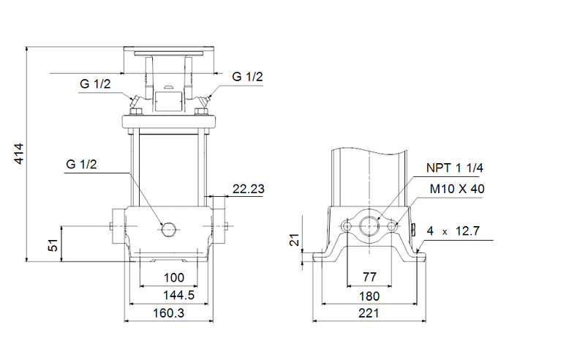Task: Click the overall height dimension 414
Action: click(x=20, y=153)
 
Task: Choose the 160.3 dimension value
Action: click(x=169, y=313)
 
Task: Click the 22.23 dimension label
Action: click(x=248, y=189)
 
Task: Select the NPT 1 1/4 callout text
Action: click(x=455, y=168)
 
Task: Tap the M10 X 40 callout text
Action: click(x=457, y=189)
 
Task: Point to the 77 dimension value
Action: click(x=369, y=279)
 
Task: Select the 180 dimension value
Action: click(x=369, y=296)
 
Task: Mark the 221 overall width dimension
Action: click(x=369, y=313)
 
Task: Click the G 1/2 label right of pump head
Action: click(x=247, y=77)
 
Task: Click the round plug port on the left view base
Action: click(x=169, y=229)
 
